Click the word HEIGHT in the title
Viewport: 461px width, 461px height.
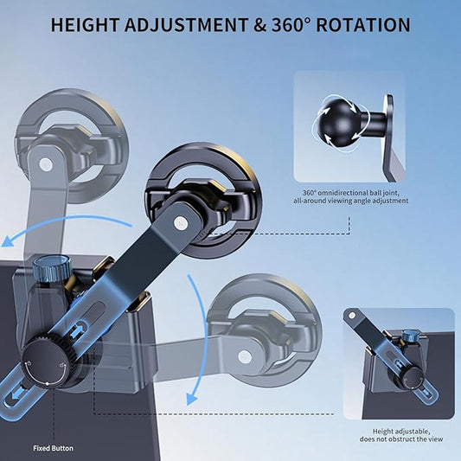point(86,25)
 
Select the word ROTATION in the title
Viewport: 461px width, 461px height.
point(363,25)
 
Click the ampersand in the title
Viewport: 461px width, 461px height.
point(259,25)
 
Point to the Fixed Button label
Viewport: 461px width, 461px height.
point(54,448)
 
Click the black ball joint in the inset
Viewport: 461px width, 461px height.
point(336,124)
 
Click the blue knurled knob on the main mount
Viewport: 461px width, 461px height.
point(53,268)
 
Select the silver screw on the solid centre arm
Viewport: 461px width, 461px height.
point(181,222)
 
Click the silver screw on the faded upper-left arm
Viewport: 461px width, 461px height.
point(46,164)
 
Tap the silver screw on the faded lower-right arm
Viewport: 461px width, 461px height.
point(245,356)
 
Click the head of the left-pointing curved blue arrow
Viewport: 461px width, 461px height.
point(8,241)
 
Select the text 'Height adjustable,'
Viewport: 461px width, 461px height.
point(401,432)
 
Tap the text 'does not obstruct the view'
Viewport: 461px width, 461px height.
point(401,439)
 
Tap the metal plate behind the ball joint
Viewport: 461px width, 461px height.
point(392,138)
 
